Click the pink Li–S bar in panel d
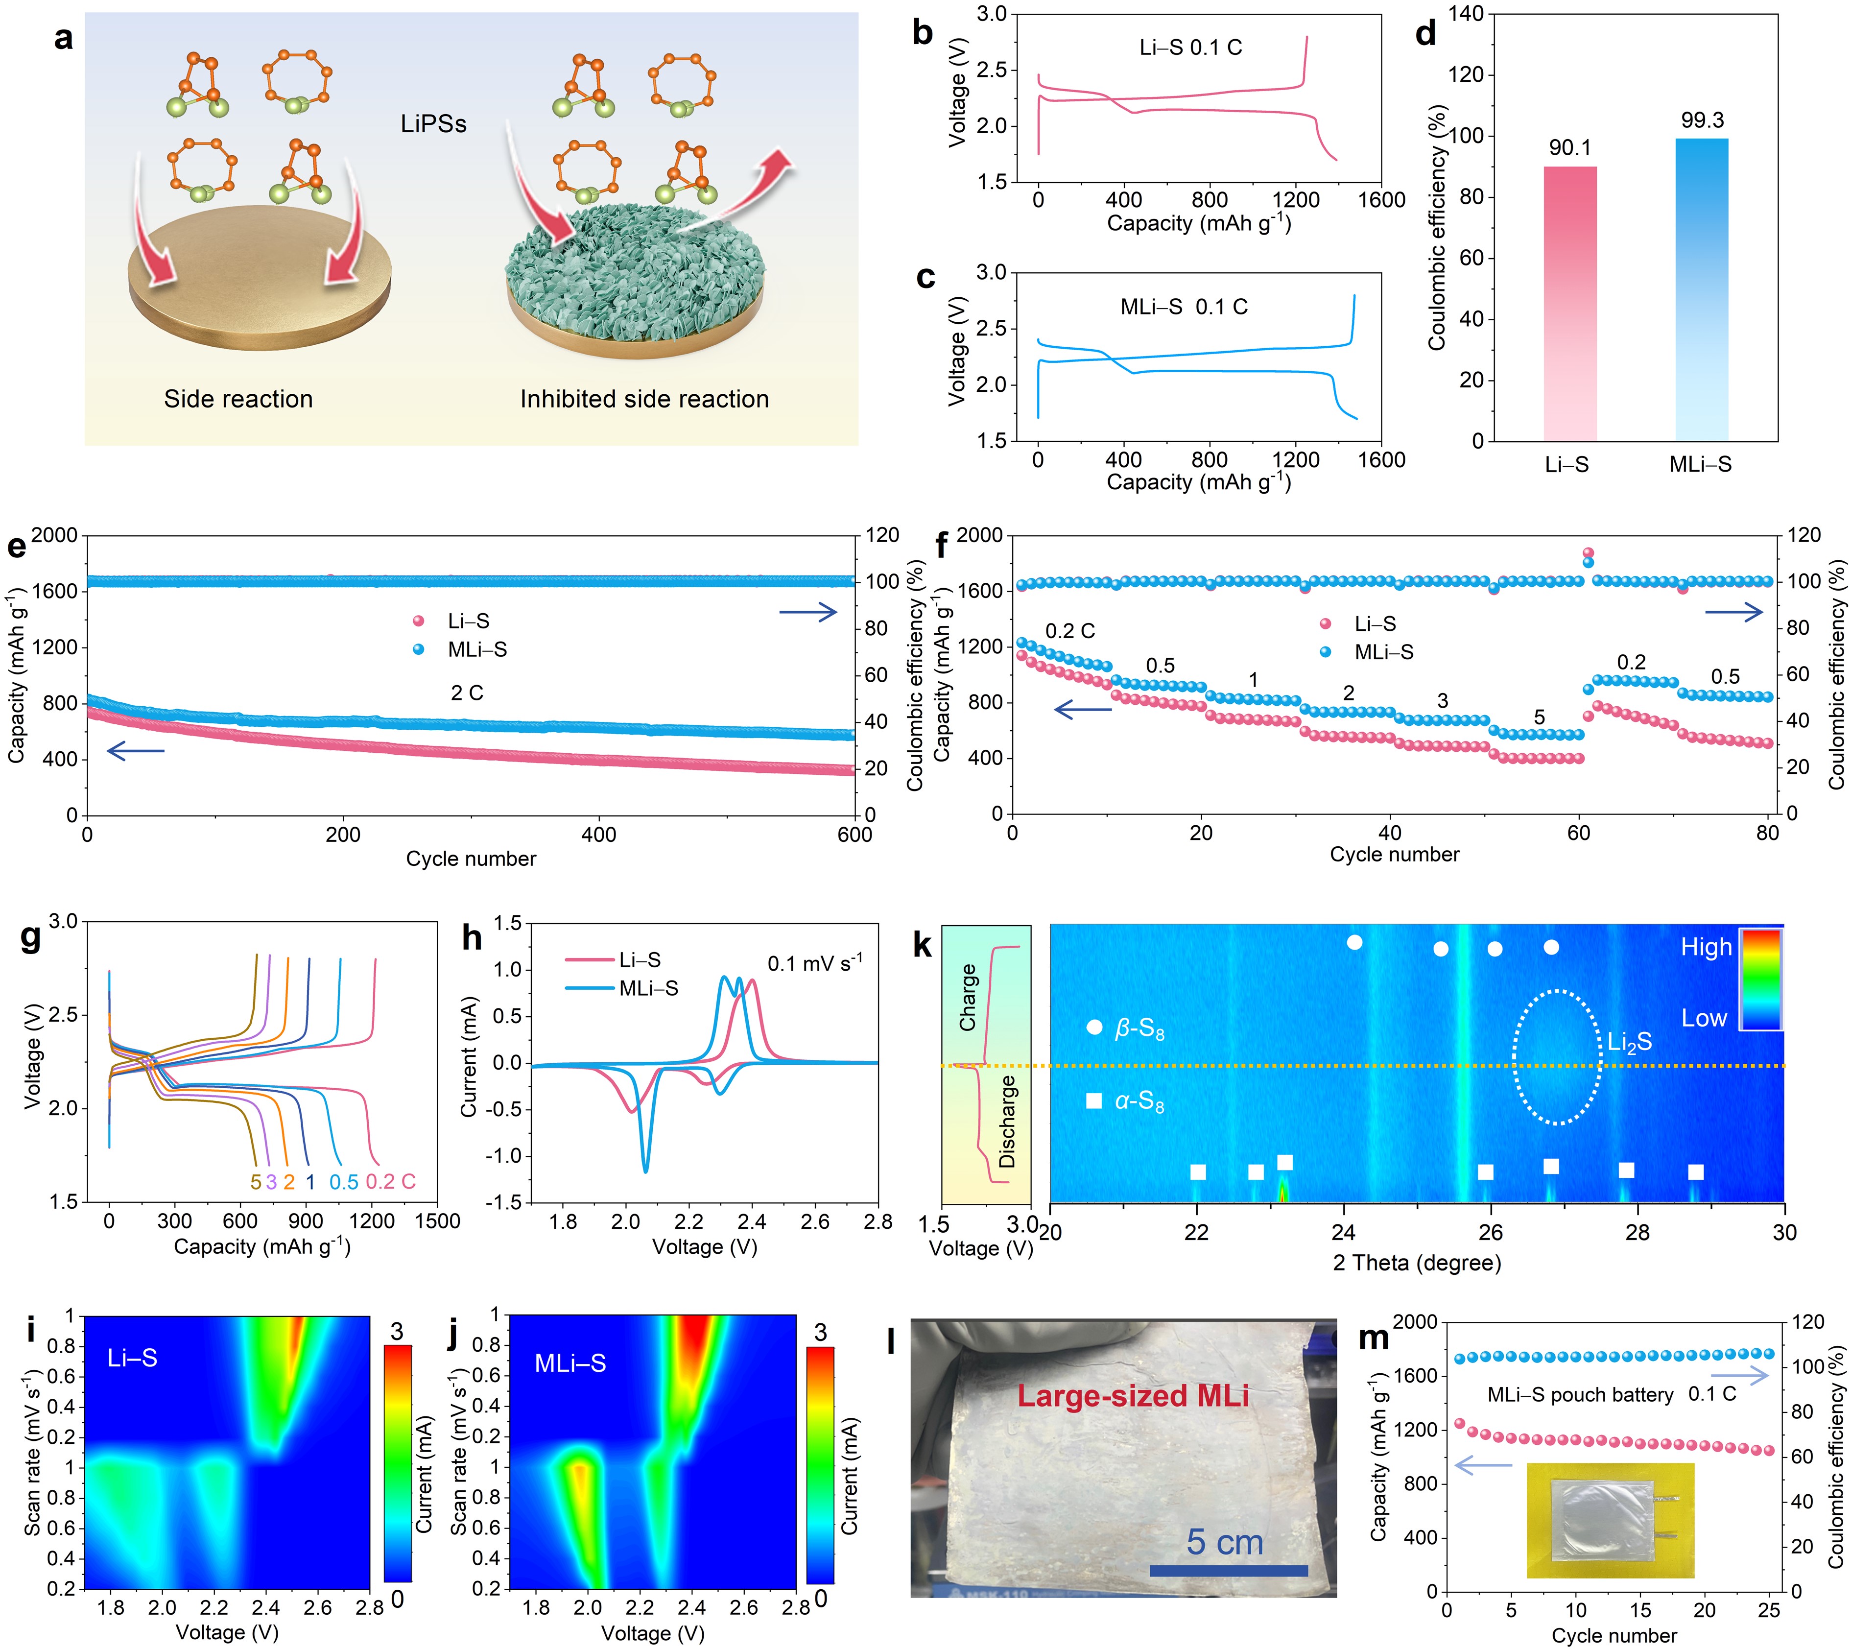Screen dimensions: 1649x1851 click(x=1569, y=304)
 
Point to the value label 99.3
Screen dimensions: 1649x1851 click(x=1702, y=120)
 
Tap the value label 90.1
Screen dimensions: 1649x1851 click(x=1569, y=148)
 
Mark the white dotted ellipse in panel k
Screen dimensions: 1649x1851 click(x=1557, y=1057)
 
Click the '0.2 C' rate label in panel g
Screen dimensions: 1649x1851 click(x=390, y=1181)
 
